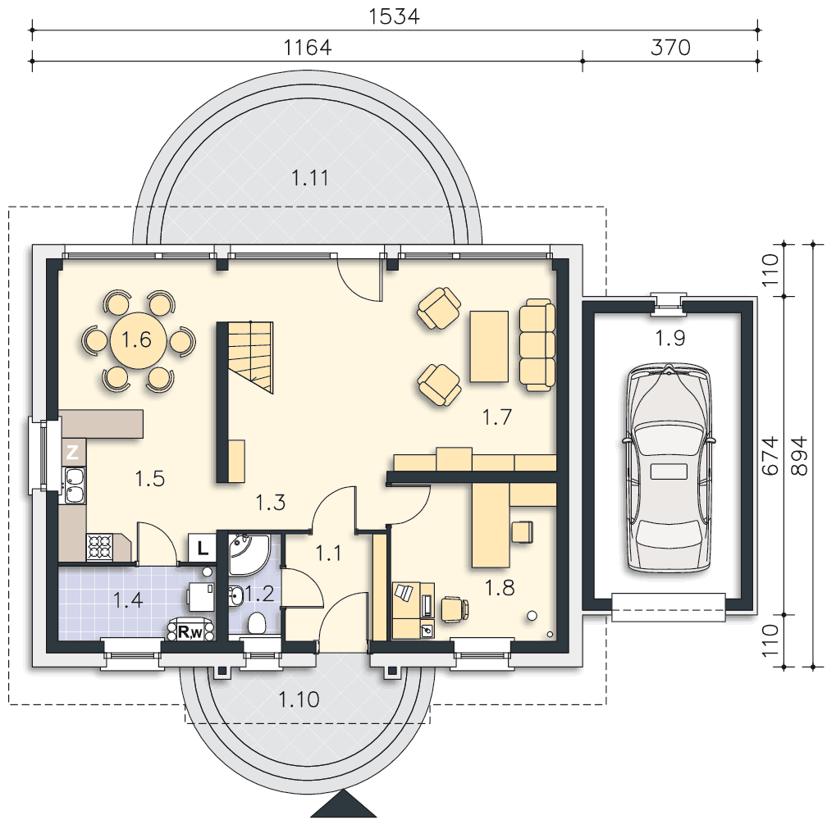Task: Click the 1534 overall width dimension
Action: coord(394,16)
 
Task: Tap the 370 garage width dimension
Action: coord(670,48)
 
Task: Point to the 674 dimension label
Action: coord(770,455)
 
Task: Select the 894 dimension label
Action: coord(800,455)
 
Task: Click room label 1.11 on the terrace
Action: coord(310,178)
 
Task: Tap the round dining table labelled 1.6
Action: coord(138,340)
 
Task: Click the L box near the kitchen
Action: coord(202,548)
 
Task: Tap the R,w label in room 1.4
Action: coord(189,631)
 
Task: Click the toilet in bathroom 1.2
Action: coord(256,622)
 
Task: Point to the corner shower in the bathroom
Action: coord(249,554)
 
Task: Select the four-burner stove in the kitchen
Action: coord(100,547)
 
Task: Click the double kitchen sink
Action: coord(74,485)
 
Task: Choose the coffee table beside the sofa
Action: coord(489,346)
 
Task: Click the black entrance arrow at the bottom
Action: coord(344,804)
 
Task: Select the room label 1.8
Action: coord(499,587)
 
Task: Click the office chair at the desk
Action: coord(455,609)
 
